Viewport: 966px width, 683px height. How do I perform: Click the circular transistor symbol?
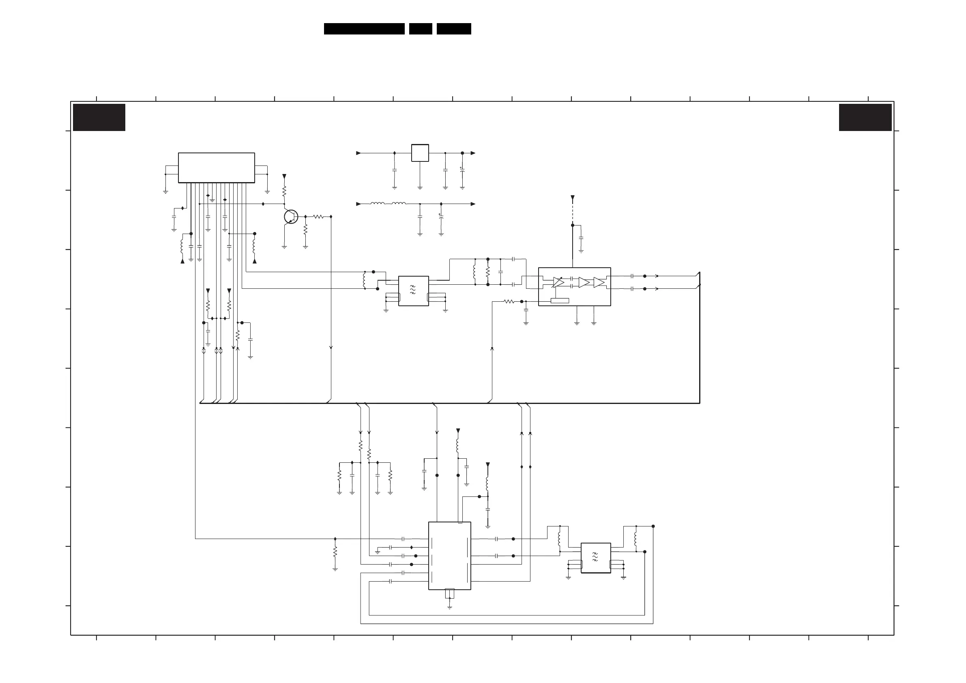[x=291, y=217]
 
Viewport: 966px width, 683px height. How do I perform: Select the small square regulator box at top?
[x=420, y=153]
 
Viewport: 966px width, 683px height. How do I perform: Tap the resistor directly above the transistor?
[x=284, y=191]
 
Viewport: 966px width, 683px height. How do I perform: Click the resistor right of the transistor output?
[x=318, y=217]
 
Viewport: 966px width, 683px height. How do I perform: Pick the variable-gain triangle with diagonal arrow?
[x=558, y=282]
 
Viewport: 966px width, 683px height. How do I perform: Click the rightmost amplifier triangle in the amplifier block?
[x=599, y=282]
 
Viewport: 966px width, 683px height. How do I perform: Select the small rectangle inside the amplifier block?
[x=560, y=301]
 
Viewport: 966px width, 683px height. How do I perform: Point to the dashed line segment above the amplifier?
[x=572, y=213]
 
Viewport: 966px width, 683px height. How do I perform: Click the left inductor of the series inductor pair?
[x=378, y=204]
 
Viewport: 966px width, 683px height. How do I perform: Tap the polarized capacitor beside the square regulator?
[x=462, y=170]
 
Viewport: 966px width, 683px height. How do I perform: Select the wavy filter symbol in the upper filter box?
[x=413, y=289]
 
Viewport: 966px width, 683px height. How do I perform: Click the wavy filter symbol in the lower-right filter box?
[x=595, y=557]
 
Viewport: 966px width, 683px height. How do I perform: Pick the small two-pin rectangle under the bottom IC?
[x=449, y=594]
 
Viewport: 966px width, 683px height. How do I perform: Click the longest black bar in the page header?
[x=364, y=29]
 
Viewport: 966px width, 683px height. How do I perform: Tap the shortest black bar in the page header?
[x=420, y=29]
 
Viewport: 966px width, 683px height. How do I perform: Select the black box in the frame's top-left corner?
[x=99, y=117]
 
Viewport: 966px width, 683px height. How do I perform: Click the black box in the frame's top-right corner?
[x=865, y=117]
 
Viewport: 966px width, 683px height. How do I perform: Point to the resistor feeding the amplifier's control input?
[x=509, y=301]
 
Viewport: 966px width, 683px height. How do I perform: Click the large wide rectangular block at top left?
[x=216, y=168]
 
